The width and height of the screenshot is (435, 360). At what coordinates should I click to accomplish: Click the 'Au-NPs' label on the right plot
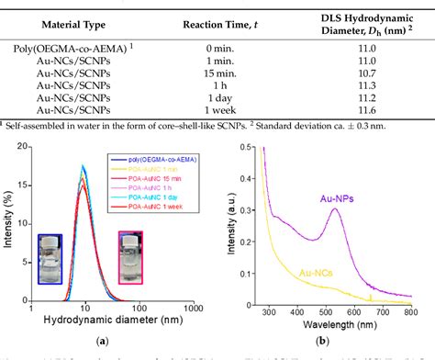(x=351, y=197)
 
